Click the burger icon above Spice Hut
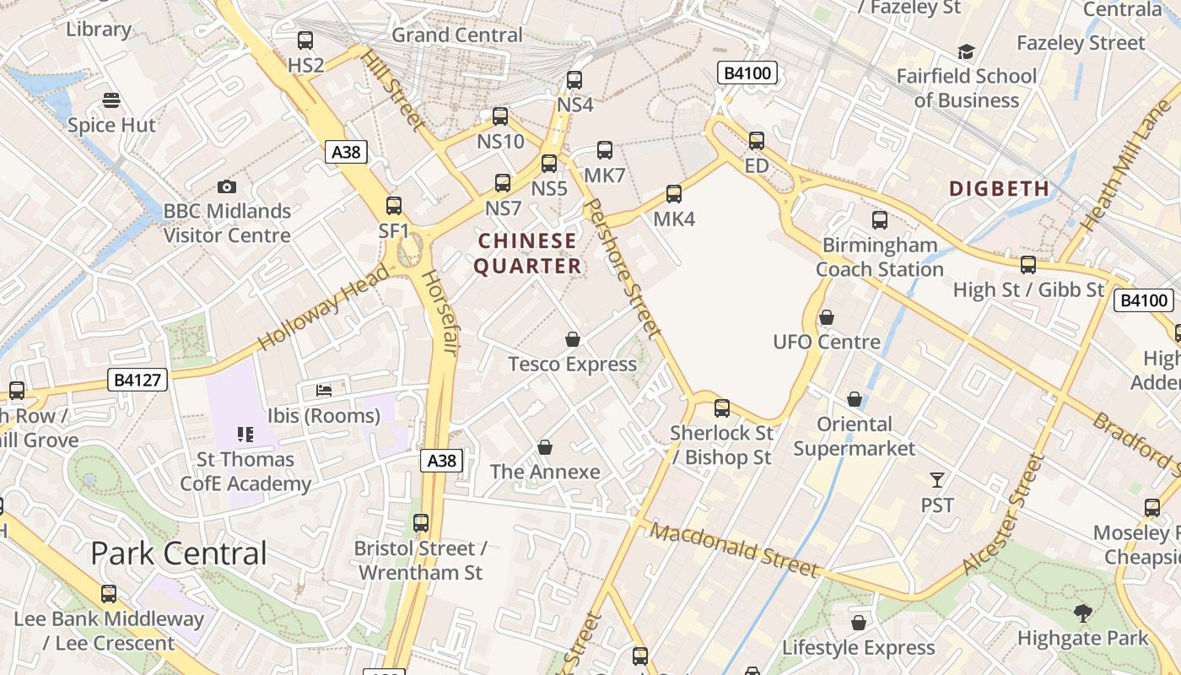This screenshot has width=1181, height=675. pos(111,101)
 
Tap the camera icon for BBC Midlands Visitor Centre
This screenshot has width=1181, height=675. pos(226,186)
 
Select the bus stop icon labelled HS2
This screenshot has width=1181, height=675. pos(305,40)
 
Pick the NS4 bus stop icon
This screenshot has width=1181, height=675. pos(574,80)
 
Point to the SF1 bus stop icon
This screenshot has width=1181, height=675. pos(394,205)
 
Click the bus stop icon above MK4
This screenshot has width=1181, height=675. pos(674,194)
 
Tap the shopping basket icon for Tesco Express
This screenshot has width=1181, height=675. pos(573,339)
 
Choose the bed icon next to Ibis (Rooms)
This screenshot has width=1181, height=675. pos(324,390)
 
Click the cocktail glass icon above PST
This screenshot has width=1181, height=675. pos(936,480)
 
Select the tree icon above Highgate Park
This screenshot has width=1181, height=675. pos(1083,613)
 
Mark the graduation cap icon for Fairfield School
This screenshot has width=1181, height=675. pos(966,52)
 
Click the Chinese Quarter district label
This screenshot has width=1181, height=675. pos(527,253)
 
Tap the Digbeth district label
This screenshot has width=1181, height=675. pos(999,188)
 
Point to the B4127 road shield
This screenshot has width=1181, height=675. pos(138,380)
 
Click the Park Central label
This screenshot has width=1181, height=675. pos(179,553)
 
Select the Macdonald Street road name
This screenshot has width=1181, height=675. pos(734,550)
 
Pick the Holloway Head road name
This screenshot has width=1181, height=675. pos(324,306)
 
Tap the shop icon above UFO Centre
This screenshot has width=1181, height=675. pos(827,317)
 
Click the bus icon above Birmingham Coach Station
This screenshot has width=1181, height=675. pos(880,220)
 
